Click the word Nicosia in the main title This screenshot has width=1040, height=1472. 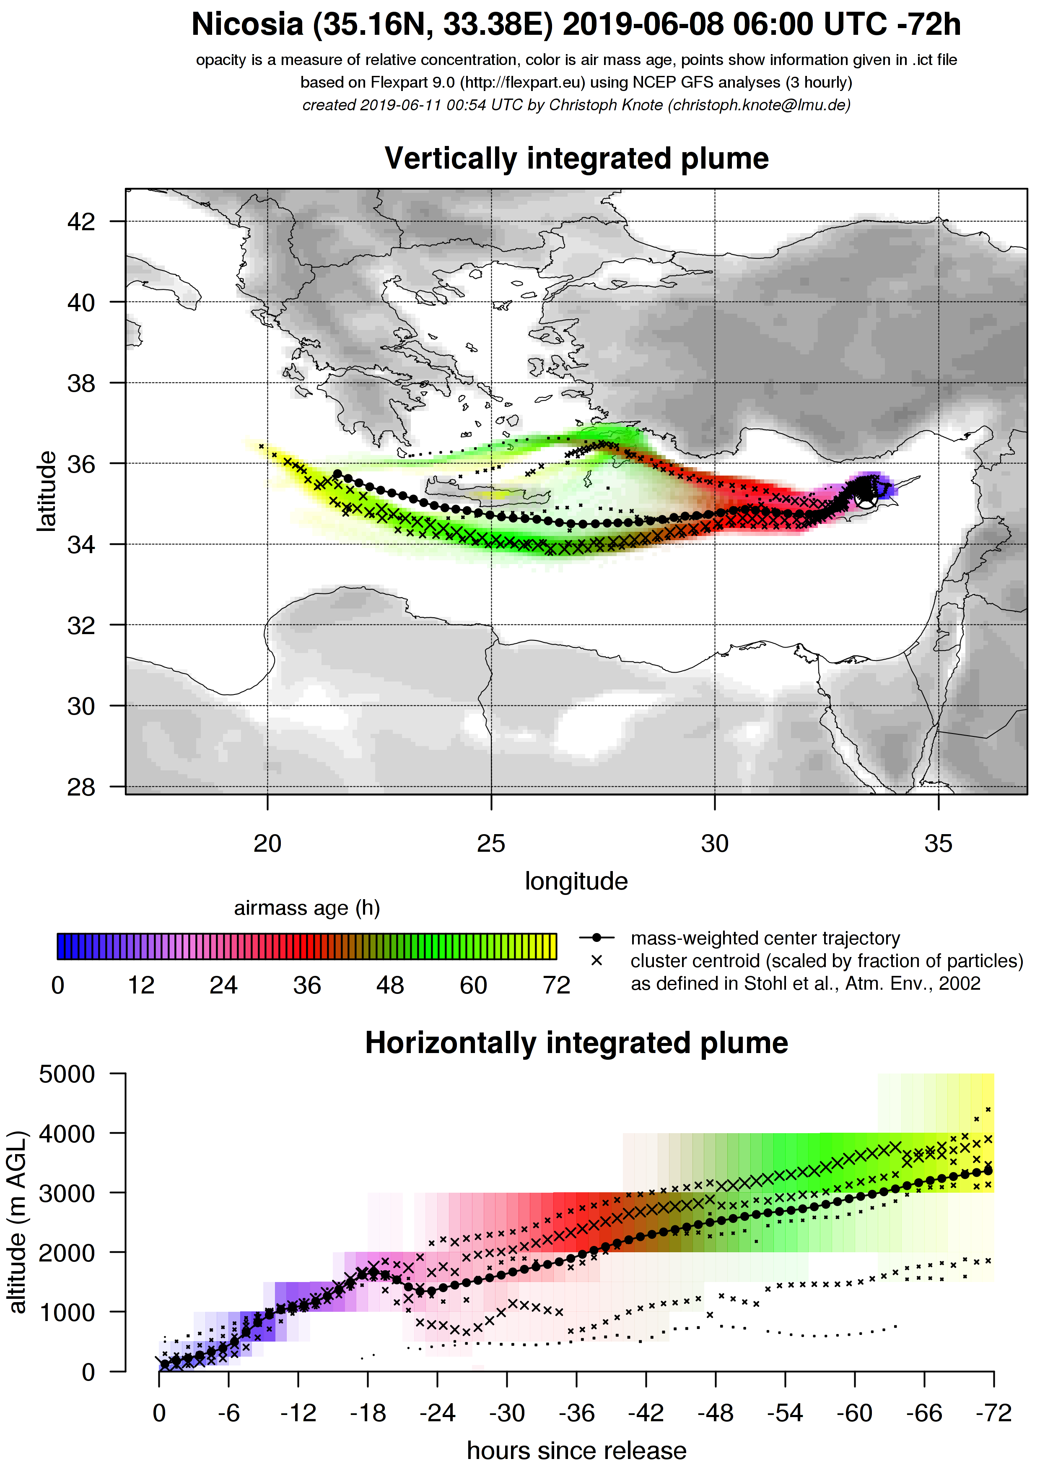pyautogui.click(x=247, y=26)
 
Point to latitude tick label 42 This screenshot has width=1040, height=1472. pyautogui.click(x=81, y=222)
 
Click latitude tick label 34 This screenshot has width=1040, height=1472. pyautogui.click(x=81, y=545)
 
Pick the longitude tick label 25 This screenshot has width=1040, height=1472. pyautogui.click(x=491, y=844)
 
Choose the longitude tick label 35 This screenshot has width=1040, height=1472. pyautogui.click(x=938, y=844)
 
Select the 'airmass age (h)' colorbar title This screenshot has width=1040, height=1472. pyautogui.click(x=307, y=908)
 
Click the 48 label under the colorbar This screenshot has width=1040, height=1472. pyautogui.click(x=390, y=986)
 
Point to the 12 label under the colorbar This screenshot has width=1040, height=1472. pyautogui.click(x=141, y=986)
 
